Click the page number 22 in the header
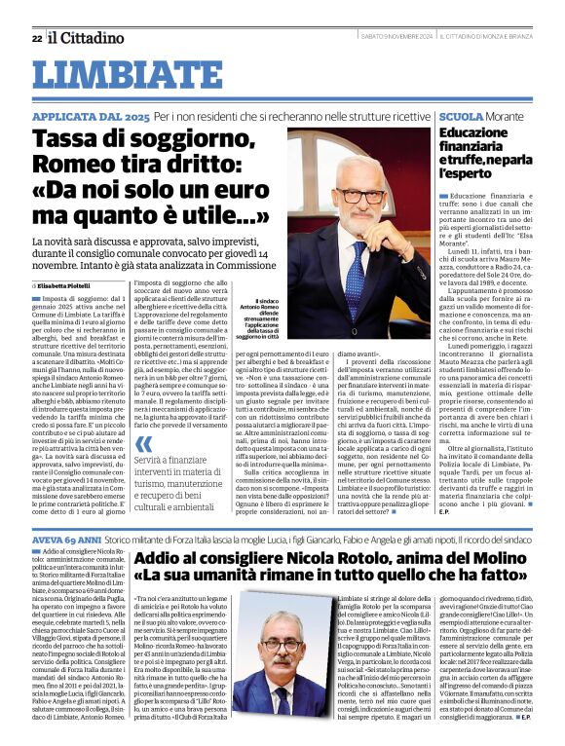pos(36,39)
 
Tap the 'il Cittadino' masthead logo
pos(83,38)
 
